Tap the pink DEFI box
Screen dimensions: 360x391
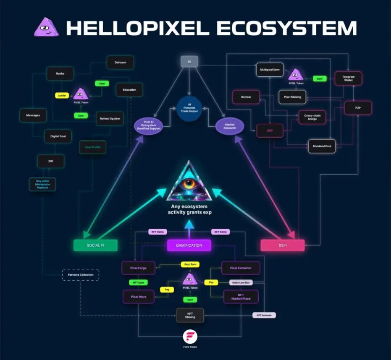283,245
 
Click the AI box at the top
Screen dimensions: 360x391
189,62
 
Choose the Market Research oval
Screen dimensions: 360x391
230,126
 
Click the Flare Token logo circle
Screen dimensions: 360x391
190,337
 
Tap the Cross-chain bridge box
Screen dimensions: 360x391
312,117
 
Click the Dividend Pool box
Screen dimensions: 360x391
322,146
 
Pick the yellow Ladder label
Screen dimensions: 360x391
62,95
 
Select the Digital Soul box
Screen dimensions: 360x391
58,136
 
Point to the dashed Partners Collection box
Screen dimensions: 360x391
81,275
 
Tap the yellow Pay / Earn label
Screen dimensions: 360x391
190,264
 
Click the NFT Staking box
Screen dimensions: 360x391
190,315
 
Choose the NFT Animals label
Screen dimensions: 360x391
264,315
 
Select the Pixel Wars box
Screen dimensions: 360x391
138,297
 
